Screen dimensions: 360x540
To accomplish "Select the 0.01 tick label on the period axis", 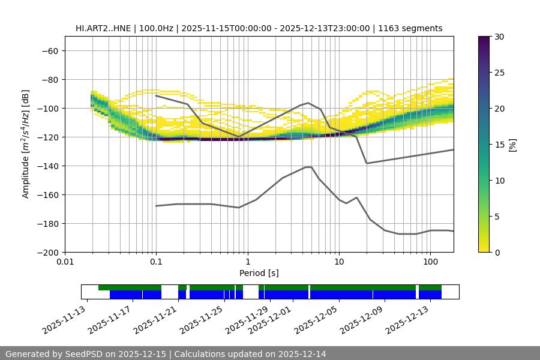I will pos(65,262).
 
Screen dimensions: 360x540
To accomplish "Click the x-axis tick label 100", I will pos(430,262).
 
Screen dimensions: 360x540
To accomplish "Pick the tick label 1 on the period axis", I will pos(247,262).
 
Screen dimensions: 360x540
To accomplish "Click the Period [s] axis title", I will pos(259,273).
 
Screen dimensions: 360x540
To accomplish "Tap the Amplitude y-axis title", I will pos(26,144).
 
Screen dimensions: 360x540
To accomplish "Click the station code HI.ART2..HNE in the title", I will pos(104,28).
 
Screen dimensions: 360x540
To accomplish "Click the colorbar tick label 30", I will pos(499,37).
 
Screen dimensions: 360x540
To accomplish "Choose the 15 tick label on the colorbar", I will pos(499,145).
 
